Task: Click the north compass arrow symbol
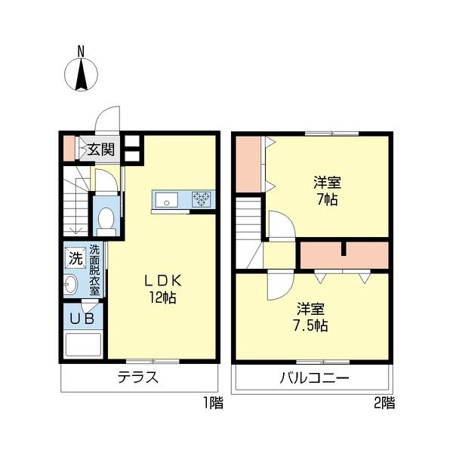click(81, 75)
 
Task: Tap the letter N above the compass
click(81, 51)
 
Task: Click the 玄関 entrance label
click(100, 149)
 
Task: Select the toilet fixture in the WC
click(106, 219)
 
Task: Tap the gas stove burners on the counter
click(202, 199)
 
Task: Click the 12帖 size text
click(162, 297)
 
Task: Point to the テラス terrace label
click(137, 378)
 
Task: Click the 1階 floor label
click(213, 403)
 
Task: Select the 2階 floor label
click(384, 403)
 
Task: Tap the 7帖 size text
click(326, 200)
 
